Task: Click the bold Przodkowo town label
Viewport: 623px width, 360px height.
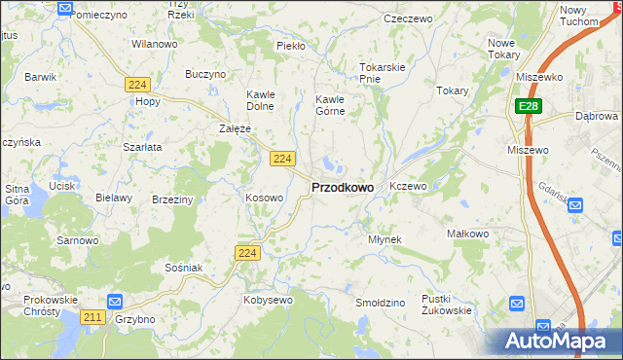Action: [342, 187]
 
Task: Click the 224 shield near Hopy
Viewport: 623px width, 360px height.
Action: [136, 85]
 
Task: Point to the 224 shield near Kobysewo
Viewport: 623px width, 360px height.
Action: [247, 253]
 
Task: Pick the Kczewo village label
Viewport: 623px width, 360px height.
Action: [408, 185]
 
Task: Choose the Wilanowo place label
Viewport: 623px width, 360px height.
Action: [154, 44]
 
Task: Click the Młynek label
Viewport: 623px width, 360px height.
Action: [385, 238]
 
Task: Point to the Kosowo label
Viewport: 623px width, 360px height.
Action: [264, 198]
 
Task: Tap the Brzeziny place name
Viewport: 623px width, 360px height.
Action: [172, 198]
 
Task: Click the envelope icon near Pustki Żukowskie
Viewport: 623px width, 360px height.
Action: [517, 305]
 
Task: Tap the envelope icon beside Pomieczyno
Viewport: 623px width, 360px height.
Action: [64, 9]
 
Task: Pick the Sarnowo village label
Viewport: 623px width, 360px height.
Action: [78, 239]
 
